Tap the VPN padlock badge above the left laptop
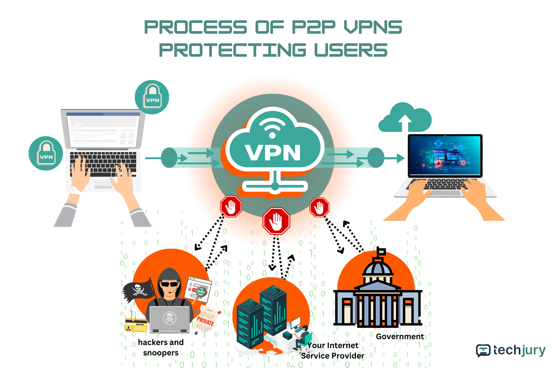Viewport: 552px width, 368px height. tap(152, 97)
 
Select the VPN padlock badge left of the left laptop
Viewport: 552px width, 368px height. tap(46, 153)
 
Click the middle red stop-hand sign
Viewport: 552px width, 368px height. tap(276, 221)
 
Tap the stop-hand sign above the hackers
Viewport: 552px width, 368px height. tap(231, 206)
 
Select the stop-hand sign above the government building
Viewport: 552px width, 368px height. tap(319, 207)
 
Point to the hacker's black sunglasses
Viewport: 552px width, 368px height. tap(169, 284)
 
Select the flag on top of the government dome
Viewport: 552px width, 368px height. tap(381, 252)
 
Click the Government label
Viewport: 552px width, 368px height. tap(400, 336)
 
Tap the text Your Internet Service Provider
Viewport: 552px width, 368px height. tap(333, 351)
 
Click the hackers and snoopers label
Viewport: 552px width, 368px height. tap(161, 347)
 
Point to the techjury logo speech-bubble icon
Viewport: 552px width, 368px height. tap(483, 350)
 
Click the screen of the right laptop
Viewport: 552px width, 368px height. tap(445, 155)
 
